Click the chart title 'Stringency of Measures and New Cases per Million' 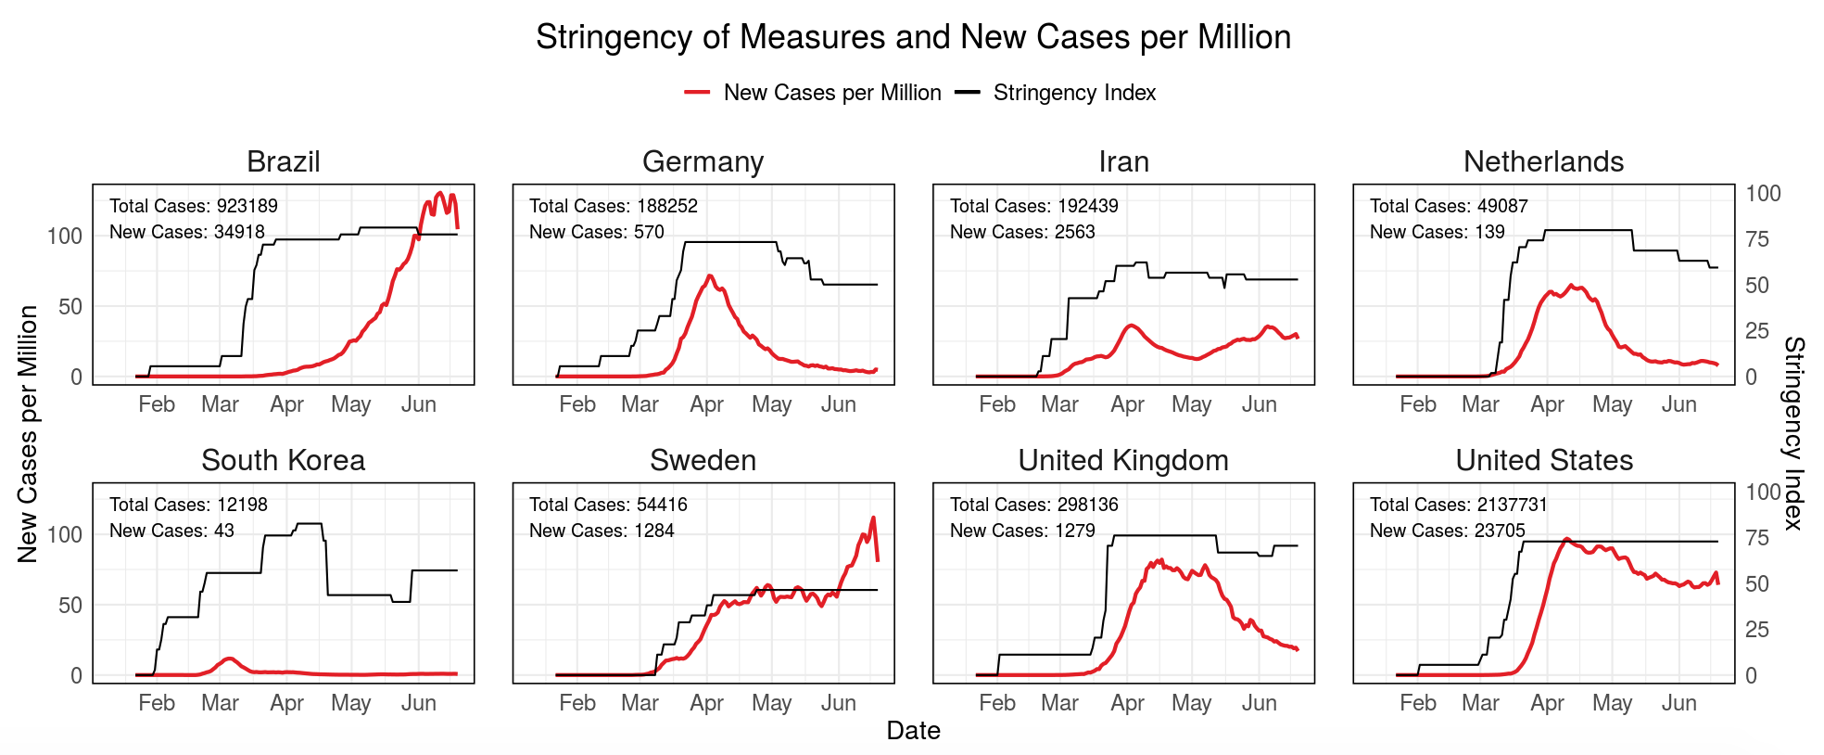(x=913, y=37)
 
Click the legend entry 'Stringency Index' (x=1073, y=93)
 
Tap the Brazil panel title (x=283, y=161)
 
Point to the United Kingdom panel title (x=1122, y=460)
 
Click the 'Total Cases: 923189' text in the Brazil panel (x=193, y=206)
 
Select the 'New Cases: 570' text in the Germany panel (x=596, y=232)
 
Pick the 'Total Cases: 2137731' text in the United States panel (x=1458, y=505)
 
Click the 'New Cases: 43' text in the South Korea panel (x=171, y=531)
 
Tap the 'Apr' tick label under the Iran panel (x=1127, y=404)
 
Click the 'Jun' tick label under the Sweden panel (x=838, y=703)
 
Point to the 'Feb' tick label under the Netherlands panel (x=1417, y=404)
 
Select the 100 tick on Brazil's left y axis (x=65, y=236)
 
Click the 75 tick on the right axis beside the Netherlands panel (x=1756, y=239)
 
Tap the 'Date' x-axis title (x=913, y=731)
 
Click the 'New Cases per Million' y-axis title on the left (x=28, y=433)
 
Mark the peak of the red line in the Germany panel (x=709, y=275)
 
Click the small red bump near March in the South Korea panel (x=229, y=659)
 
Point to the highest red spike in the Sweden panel (x=873, y=518)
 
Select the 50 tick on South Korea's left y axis (x=70, y=605)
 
